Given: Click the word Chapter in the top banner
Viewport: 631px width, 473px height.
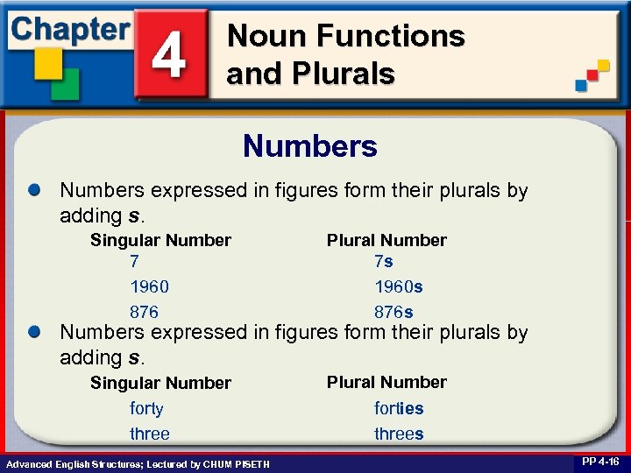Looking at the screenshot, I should pyautogui.click(x=70, y=28).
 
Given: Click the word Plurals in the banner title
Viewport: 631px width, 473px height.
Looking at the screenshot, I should pyautogui.click(x=344, y=74).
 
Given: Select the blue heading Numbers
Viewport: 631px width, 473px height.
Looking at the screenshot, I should pyautogui.click(x=310, y=145).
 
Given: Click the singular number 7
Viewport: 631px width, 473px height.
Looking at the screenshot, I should pyautogui.click(x=134, y=261).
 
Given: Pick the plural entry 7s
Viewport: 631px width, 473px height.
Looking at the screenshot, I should pyautogui.click(x=383, y=261).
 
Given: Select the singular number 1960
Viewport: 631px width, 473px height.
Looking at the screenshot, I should pyautogui.click(x=149, y=286).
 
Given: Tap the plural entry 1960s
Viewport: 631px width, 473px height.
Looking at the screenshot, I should pyautogui.click(x=399, y=286).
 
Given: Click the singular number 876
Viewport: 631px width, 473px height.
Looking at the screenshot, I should pyautogui.click(x=144, y=312).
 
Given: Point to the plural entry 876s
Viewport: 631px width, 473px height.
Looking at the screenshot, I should pyautogui.click(x=393, y=312).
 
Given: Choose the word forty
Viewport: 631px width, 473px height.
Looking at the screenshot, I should pyautogui.click(x=146, y=408).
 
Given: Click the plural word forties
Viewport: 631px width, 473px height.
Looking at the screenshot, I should pyautogui.click(x=399, y=408).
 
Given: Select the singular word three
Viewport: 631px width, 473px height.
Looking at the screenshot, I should pyautogui.click(x=150, y=434).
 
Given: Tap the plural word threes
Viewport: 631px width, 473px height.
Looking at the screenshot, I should pyautogui.click(x=399, y=434).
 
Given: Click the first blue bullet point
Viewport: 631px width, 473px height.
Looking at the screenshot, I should pyautogui.click(x=34, y=190).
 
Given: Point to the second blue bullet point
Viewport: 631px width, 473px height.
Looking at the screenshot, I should pyautogui.click(x=34, y=332).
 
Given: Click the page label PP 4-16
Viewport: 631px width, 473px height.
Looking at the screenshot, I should pyautogui.click(x=599, y=462).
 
